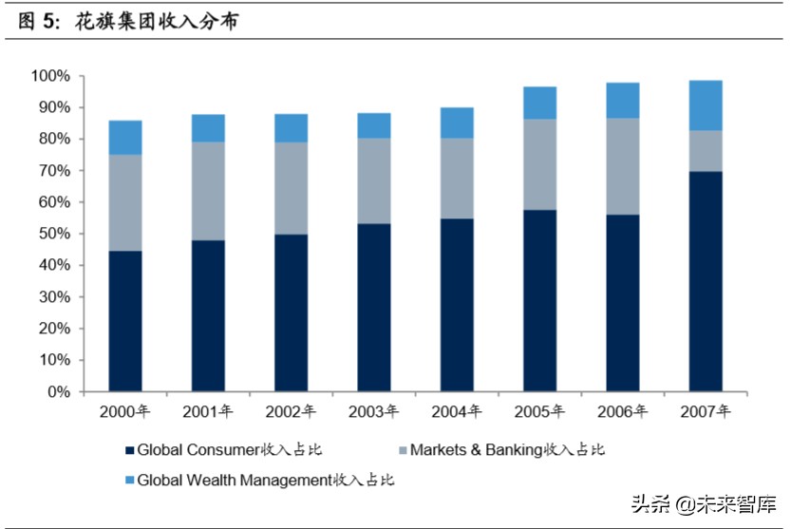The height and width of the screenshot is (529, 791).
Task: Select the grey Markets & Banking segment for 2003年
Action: point(374,181)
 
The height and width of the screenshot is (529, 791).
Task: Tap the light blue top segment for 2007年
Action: point(706,104)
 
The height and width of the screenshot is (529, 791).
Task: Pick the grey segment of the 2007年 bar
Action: point(706,150)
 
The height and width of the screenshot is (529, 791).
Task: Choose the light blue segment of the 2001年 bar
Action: point(208,128)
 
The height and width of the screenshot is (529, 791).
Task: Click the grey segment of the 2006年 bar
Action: point(623,166)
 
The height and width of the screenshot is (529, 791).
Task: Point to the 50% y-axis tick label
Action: point(53,234)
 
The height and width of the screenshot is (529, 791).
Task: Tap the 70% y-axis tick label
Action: point(53,171)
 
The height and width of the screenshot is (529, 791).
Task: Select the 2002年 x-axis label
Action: point(291,412)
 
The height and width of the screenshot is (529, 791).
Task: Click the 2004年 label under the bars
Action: point(457,412)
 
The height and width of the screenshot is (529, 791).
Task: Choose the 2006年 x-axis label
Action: point(623,412)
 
